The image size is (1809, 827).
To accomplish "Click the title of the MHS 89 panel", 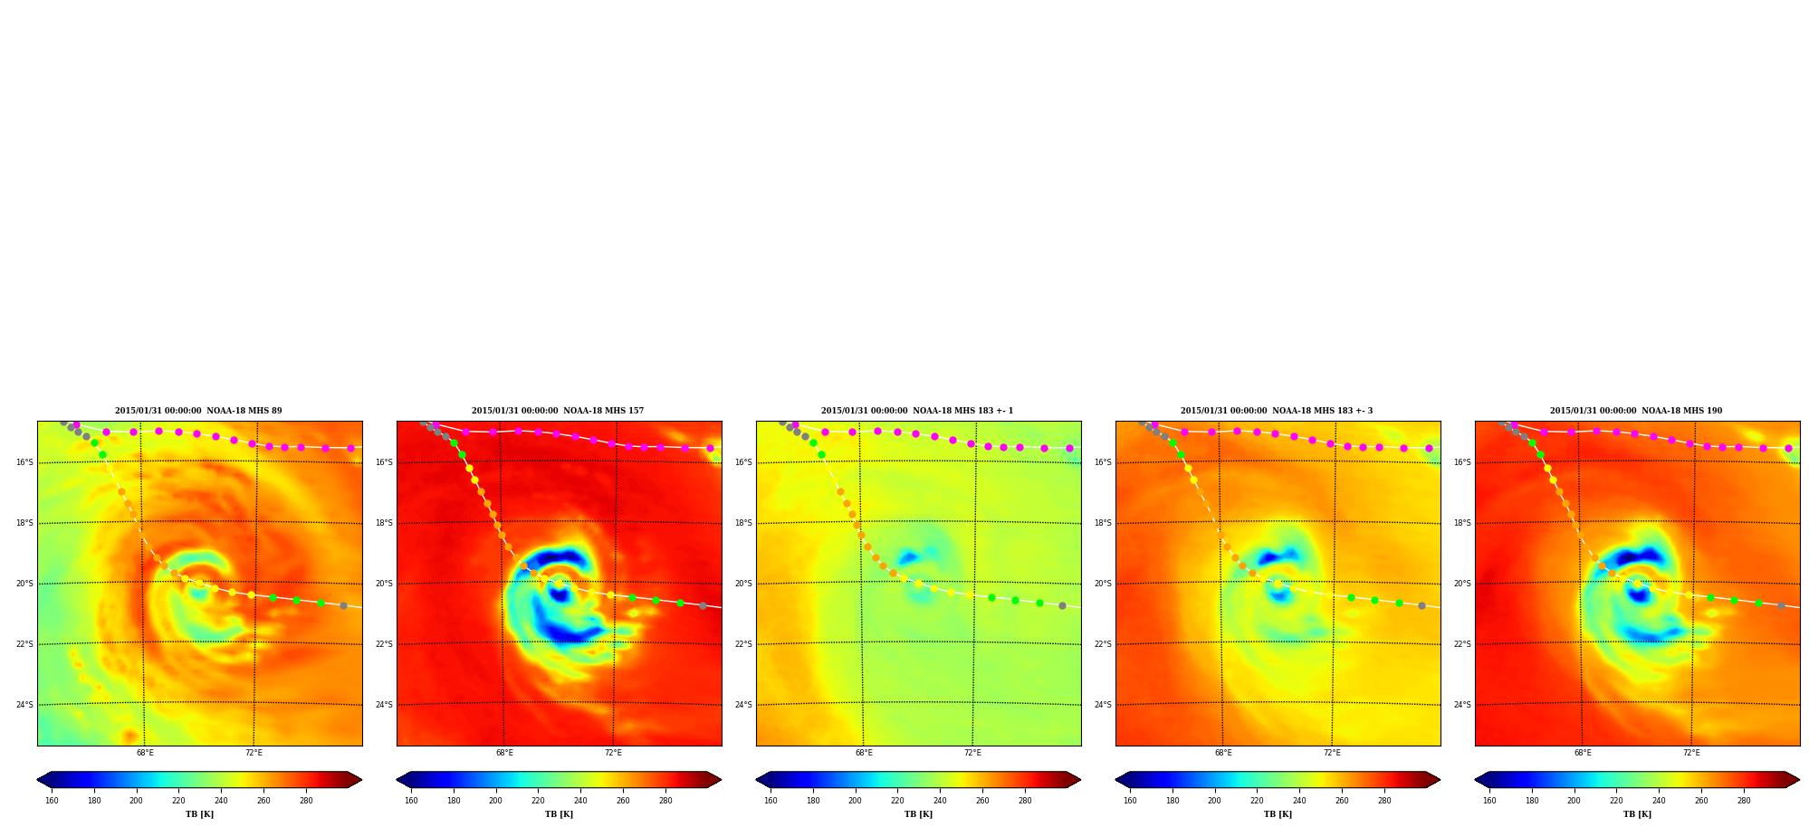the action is [198, 411].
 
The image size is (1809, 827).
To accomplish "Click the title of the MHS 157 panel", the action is [558, 411].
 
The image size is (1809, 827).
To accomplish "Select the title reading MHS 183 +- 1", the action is [917, 411].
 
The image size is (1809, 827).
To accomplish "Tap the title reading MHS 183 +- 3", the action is [1277, 411].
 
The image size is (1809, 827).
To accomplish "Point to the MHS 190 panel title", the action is [1636, 411].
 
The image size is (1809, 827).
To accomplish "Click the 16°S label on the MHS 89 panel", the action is [24, 462].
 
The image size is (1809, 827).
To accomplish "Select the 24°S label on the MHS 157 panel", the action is [384, 705].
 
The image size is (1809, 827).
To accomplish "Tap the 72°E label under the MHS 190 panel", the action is [1691, 753].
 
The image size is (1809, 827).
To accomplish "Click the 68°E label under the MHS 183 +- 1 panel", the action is [864, 753].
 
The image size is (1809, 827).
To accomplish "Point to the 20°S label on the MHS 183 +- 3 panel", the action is [1103, 584].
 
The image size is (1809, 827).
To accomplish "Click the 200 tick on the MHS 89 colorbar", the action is [136, 800].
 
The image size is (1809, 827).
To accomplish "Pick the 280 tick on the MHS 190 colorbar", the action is [1744, 800].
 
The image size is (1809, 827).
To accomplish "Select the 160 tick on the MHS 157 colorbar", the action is [411, 800].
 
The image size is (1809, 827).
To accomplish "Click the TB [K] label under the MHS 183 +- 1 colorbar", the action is [918, 814].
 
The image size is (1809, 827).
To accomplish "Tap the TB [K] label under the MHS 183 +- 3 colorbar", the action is [1278, 814].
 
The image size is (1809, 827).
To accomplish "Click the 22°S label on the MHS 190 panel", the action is [1462, 644].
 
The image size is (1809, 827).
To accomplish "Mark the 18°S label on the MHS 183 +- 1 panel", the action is [743, 523].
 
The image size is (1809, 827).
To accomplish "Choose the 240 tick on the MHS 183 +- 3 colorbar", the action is [1299, 800].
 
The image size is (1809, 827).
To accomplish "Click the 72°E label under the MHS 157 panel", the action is [613, 753].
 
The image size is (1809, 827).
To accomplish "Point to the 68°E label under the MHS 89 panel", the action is [145, 753].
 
